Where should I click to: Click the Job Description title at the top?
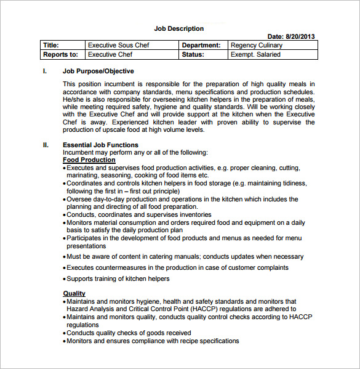click(x=178, y=28)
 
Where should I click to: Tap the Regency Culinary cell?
click(x=257, y=45)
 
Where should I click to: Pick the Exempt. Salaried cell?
click(x=255, y=54)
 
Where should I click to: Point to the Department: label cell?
click(x=201, y=45)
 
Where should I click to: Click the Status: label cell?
click(x=196, y=54)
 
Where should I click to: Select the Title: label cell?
click(x=50, y=45)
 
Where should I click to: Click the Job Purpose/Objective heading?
click(x=98, y=71)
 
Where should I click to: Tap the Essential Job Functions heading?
click(x=100, y=145)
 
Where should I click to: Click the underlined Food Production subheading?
click(x=89, y=160)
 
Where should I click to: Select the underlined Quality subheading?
click(x=74, y=294)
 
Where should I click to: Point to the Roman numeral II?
click(x=46, y=145)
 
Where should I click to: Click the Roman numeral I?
click(x=44, y=71)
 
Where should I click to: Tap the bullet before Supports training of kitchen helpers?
click(x=65, y=279)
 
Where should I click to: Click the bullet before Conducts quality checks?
click(x=65, y=333)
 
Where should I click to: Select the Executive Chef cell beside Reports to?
click(x=110, y=54)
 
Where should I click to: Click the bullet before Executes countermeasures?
click(x=65, y=268)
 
